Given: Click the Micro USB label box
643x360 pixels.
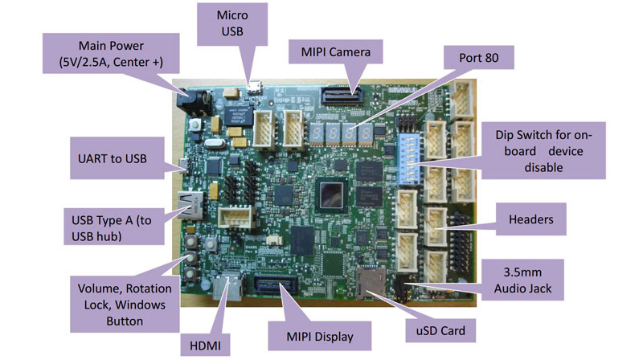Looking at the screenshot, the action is (232, 24).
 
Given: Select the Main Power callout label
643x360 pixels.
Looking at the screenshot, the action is (111, 54).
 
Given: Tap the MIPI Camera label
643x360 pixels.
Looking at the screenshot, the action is (335, 51).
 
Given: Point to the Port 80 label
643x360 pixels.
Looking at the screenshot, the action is (478, 57).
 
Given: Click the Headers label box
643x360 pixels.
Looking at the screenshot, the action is (530, 219).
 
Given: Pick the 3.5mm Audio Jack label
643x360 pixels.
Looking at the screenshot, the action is (522, 280).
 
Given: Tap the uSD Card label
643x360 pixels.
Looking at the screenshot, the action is (440, 330).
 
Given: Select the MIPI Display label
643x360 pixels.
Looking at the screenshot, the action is (320, 336).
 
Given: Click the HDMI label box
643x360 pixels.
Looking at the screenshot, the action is (205, 346).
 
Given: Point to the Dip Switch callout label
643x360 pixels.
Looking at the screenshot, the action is (543, 150).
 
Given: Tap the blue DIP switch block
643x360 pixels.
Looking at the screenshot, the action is (409, 158).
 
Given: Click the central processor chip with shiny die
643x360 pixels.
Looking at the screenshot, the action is (331, 195).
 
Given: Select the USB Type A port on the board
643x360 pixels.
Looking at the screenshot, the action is (190, 204).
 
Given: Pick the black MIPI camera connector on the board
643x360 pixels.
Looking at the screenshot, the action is (341, 96).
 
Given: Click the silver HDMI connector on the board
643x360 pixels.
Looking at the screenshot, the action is (228, 287).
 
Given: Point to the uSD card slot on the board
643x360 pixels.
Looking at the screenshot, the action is (371, 282).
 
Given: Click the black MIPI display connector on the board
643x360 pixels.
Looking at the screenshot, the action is (276, 284).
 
